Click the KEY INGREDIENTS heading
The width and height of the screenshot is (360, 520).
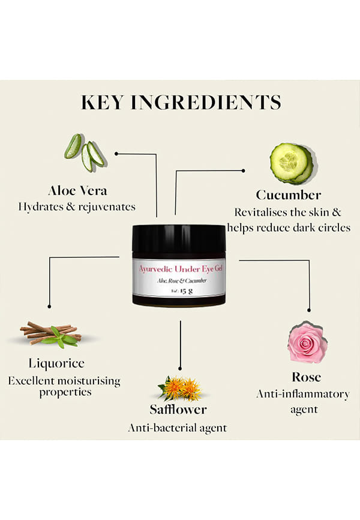[181, 102]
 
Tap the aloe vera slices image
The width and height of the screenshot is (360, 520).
[85, 153]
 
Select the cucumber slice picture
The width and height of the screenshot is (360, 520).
[292, 163]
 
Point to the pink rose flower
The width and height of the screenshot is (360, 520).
[307, 342]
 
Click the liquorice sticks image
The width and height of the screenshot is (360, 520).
[52, 334]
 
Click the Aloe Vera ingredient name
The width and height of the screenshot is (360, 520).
[77, 191]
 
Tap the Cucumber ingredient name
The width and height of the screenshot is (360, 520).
[289, 195]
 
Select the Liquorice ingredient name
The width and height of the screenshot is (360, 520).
[56, 363]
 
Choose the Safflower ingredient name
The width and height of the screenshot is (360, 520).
[178, 410]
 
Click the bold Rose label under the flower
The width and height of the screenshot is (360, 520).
[306, 377]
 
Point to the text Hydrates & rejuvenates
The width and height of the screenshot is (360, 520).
[77, 207]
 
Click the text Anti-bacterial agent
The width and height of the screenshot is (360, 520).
[178, 428]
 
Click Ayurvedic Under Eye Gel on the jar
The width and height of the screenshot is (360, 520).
[181, 268]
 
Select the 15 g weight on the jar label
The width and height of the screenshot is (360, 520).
[186, 291]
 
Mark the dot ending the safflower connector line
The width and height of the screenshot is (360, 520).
[180, 369]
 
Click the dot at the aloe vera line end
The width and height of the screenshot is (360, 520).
[116, 154]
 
